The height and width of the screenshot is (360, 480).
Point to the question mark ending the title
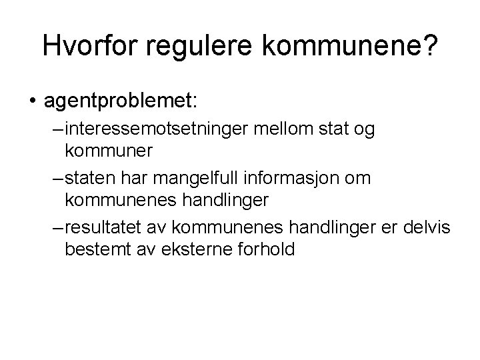click(x=429, y=45)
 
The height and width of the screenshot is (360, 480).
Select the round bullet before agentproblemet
click(x=31, y=101)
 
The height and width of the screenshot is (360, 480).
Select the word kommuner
click(x=109, y=151)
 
